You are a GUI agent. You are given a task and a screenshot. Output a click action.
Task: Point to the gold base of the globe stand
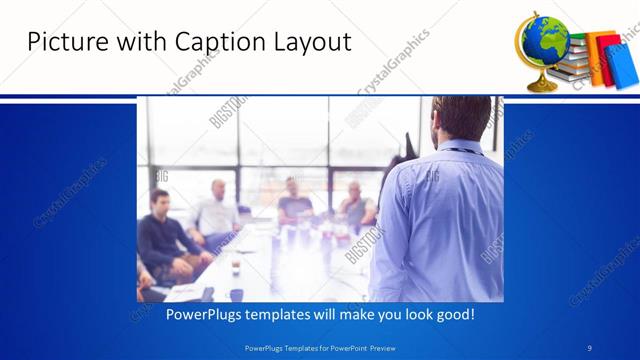point(542,86)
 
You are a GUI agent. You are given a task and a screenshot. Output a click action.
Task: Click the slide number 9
point(589,347)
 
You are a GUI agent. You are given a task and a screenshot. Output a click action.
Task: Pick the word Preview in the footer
point(376,347)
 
